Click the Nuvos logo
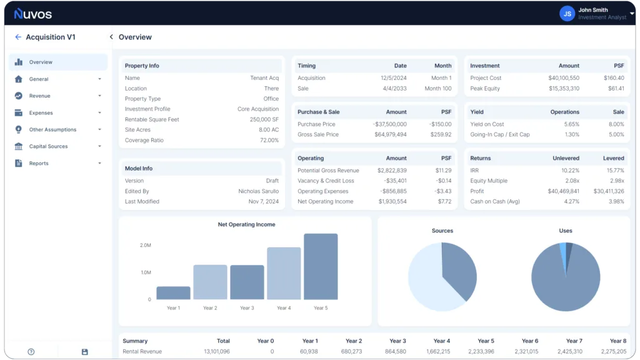pyautogui.click(x=33, y=13)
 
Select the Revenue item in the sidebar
pyautogui.click(x=39, y=96)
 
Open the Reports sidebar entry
pyautogui.click(x=38, y=164)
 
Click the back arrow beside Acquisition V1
pyautogui.click(x=18, y=37)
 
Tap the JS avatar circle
pyautogui.click(x=567, y=13)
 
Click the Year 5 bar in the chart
pyautogui.click(x=321, y=267)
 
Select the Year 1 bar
pyautogui.click(x=173, y=293)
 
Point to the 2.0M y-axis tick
pyautogui.click(x=145, y=246)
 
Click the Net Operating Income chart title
pyautogui.click(x=246, y=224)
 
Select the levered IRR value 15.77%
pyautogui.click(x=615, y=171)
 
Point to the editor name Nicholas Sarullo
pyautogui.click(x=258, y=191)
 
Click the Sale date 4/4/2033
pyautogui.click(x=393, y=89)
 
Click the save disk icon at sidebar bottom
pyautogui.click(x=85, y=352)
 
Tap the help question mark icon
pyautogui.click(x=31, y=352)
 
